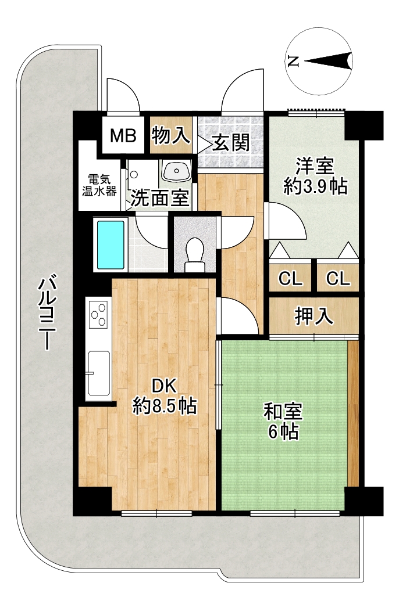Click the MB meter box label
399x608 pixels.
123,136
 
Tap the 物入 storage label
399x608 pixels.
171,135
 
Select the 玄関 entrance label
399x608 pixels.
231,143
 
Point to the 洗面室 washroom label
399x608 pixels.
159,198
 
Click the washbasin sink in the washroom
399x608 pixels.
177,171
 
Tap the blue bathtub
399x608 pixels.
111,244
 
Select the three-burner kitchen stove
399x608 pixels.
98,314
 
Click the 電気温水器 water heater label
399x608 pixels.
99,185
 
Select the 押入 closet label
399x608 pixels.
314,316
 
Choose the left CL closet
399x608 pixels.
290,278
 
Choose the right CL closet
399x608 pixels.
337,278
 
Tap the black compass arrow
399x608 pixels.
328,61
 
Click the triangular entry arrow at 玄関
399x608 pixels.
203,145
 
